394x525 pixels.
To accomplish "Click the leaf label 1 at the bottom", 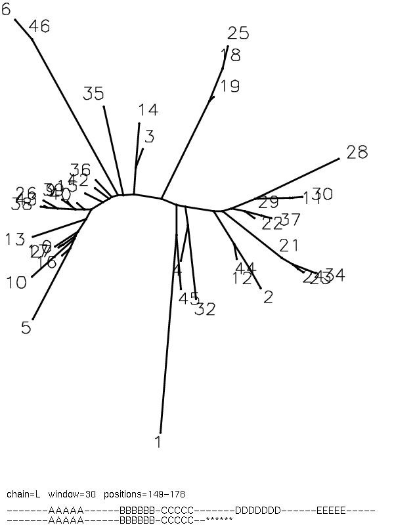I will tap(158, 442).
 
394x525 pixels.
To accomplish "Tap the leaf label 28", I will tap(357, 152).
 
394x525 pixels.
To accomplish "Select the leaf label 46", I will tap(39, 26).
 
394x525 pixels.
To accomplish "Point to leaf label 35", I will tap(93, 94).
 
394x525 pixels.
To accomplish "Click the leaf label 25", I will tap(238, 33).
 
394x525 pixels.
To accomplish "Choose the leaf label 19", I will tap(230, 86).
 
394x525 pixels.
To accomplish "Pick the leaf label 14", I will tap(148, 110).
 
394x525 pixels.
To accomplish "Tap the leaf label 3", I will tap(149, 136).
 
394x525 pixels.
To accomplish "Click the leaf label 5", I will tap(26, 327).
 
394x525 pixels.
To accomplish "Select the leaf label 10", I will tap(16, 283).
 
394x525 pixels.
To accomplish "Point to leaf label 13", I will tap(15, 240).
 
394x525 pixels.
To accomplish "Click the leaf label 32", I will tap(205, 309).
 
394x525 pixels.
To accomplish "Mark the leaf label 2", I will tap(268, 297).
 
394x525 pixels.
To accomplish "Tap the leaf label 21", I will tap(289, 246).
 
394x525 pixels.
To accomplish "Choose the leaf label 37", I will tap(290, 219).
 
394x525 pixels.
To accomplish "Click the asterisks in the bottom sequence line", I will tap(219, 519).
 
